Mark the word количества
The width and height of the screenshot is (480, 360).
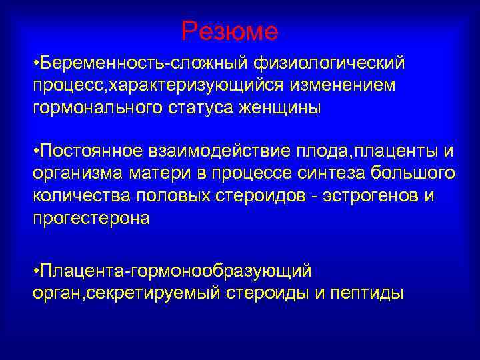point(82,195)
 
